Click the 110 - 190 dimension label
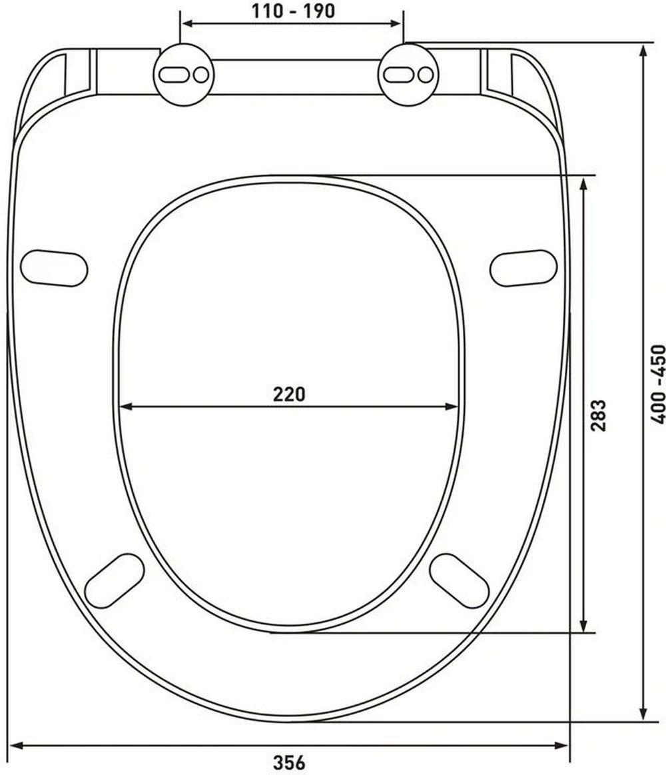(293, 11)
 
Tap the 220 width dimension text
(290, 394)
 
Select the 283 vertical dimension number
(598, 415)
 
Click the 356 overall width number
(290, 762)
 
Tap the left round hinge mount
(183, 75)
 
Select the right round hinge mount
(408, 75)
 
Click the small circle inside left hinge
(201, 75)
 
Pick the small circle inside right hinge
(426, 75)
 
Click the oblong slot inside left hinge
(173, 75)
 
